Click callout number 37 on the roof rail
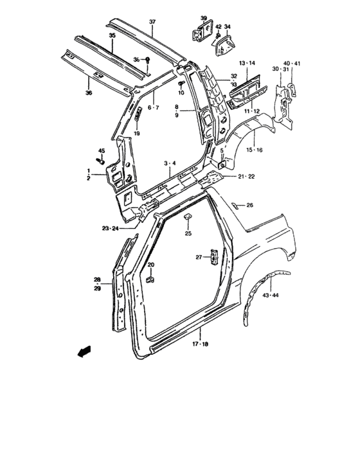point(152,22)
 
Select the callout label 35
point(112,36)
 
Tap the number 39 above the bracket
point(204,17)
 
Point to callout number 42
point(218,26)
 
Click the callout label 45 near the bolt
point(101,151)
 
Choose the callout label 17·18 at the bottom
point(200,345)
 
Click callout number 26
point(250,206)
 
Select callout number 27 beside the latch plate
point(199,258)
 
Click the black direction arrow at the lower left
point(83,352)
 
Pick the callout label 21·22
point(246,176)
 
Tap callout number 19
point(136,133)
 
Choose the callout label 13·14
point(248,62)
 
